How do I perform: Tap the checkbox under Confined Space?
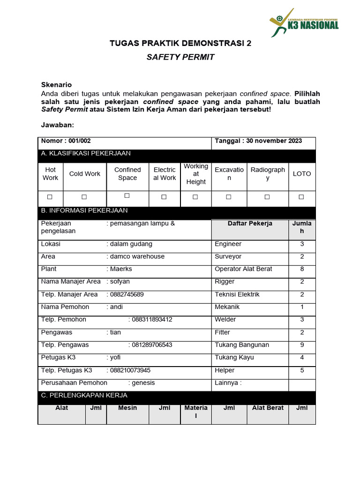(127, 195)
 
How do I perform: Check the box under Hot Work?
(50, 197)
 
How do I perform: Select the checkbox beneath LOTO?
(301, 197)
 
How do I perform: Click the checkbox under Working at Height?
(195, 197)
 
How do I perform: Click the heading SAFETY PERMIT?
(180, 57)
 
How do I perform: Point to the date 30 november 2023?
(275, 141)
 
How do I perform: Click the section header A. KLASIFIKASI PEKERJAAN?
(86, 153)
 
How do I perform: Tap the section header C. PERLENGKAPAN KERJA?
(84, 395)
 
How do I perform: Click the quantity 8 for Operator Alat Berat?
(302, 269)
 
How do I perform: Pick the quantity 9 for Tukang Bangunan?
(302, 345)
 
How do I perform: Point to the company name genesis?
(143, 382)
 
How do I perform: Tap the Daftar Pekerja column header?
(250, 224)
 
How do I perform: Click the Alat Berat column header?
(268, 408)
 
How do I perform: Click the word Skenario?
(56, 85)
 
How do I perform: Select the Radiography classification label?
(267, 173)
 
